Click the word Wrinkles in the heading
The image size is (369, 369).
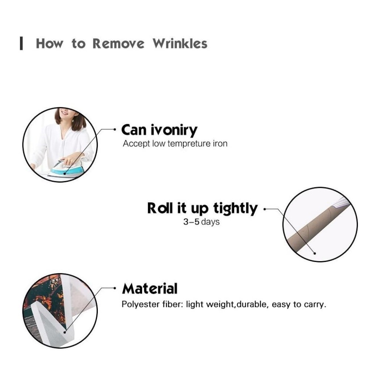[x=180, y=44]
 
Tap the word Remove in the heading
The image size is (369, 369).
[x=118, y=44]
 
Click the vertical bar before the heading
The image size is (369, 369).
[x=21, y=43]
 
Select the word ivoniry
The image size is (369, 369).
[x=174, y=130]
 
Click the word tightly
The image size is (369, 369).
[x=235, y=208]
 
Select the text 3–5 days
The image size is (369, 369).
[x=201, y=222]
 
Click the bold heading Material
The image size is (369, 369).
[x=150, y=289]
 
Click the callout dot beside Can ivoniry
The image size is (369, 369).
[x=115, y=129]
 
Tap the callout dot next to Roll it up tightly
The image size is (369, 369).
[x=265, y=209]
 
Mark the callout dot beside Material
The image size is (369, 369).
[x=115, y=288]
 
